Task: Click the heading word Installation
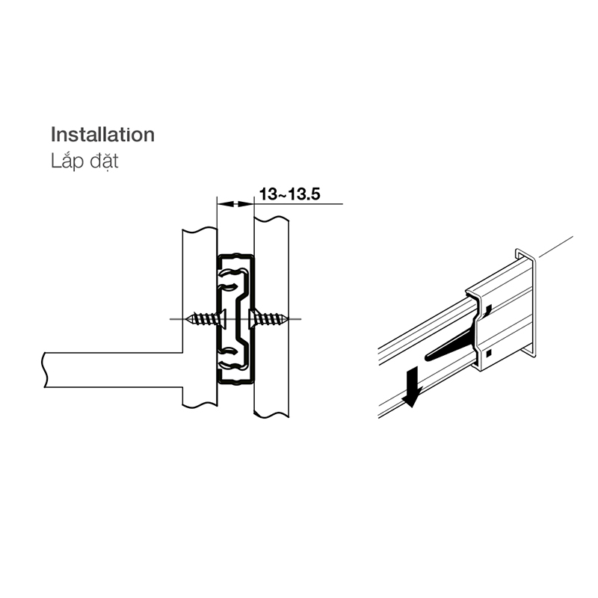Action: click(x=102, y=135)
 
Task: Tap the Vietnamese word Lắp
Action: click(x=64, y=161)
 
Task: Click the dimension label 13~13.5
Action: click(x=289, y=194)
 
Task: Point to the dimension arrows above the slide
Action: click(x=235, y=203)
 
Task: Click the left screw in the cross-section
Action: click(x=208, y=318)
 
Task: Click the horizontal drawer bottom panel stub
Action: click(x=112, y=370)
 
